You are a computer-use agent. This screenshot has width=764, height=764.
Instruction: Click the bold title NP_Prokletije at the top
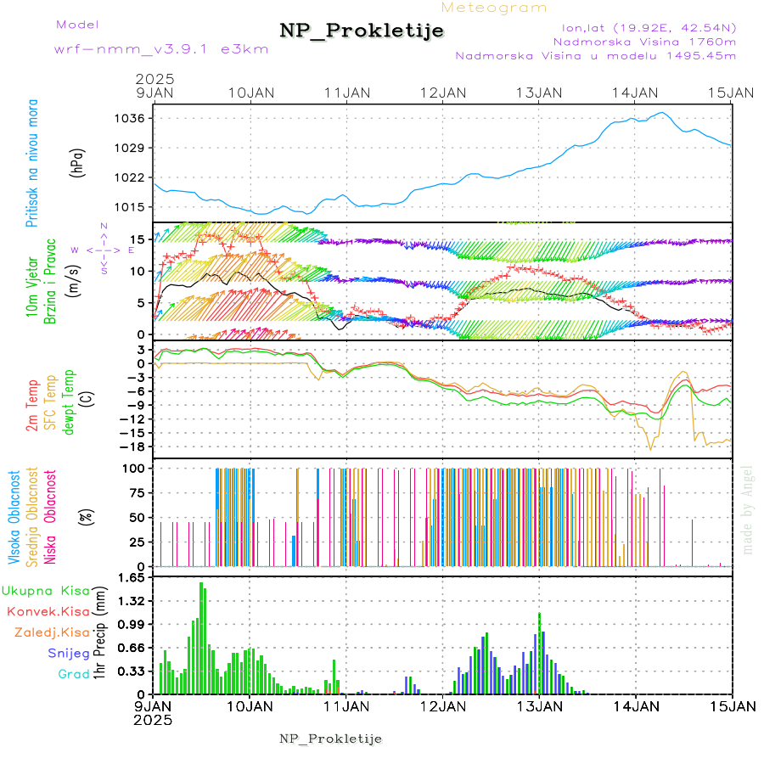362,31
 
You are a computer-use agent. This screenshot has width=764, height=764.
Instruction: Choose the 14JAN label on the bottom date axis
636,705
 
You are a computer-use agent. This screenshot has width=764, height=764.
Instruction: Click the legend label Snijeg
70,653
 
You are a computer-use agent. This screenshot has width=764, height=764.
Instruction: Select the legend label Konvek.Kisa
48,611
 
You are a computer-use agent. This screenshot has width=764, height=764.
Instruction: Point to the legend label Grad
74,674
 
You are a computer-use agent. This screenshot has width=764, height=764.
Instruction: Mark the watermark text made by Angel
748,509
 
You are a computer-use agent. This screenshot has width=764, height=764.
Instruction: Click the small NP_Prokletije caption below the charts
331,739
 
